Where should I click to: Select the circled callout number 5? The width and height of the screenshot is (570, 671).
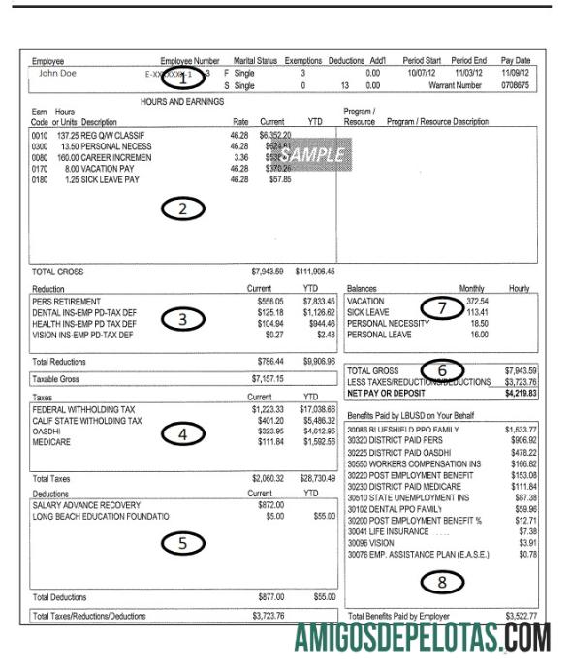(x=181, y=543)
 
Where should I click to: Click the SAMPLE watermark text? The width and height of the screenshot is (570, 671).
(x=312, y=154)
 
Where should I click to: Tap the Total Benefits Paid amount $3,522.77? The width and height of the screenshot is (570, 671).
(x=521, y=616)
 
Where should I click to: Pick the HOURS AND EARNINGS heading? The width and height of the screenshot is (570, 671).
(x=181, y=101)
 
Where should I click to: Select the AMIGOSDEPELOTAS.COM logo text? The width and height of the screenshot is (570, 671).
(x=423, y=639)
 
